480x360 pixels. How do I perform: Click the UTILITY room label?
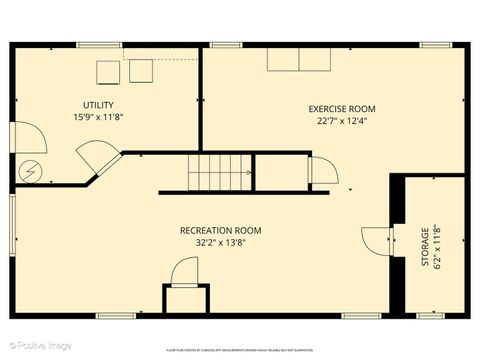click(98, 104)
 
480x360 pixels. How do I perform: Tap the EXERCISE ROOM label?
click(343, 108)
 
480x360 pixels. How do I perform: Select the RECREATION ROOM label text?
click(220, 230)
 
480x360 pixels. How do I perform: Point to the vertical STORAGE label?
click(425, 247)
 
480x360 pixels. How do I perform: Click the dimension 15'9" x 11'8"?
click(98, 117)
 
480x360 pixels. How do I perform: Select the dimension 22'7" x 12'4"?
click(343, 121)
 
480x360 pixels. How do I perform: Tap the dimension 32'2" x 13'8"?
click(220, 242)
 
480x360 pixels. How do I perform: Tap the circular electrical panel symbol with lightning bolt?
click(30, 172)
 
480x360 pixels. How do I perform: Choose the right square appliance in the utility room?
click(141, 70)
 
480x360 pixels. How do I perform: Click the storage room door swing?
click(376, 241)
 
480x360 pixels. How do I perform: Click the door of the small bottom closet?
click(186, 272)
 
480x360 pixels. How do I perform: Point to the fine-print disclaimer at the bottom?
click(240, 351)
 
